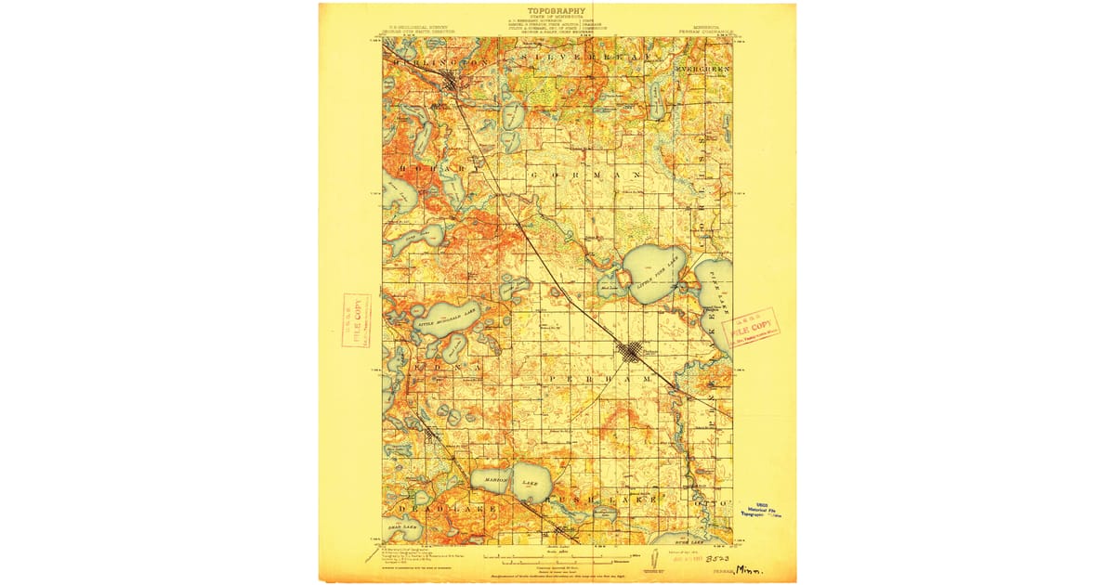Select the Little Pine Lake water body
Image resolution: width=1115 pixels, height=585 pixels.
[654, 273]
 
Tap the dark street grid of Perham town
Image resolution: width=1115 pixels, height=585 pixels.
[632, 352]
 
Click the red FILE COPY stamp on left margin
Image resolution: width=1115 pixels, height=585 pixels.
[356, 319]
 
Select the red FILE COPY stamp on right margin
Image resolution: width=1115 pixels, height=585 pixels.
[754, 328]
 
